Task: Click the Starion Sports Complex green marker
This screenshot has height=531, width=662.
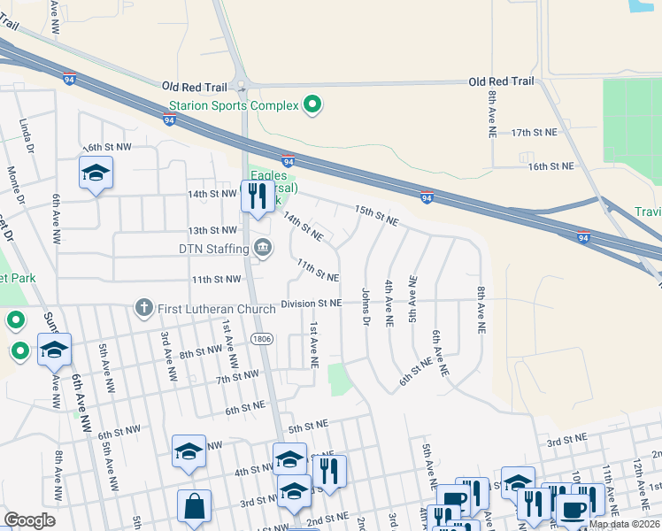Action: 312,106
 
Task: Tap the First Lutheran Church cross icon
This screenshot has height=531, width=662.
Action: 143,307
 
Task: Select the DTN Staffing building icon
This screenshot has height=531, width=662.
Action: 262,249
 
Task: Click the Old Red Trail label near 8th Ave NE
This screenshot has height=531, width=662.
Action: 502,81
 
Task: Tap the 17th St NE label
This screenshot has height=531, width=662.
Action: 535,132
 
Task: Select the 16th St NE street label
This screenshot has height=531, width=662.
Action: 550,166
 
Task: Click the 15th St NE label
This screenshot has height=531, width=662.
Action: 376,215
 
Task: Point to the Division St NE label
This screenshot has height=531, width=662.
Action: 311,304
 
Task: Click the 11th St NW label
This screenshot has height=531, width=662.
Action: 217,279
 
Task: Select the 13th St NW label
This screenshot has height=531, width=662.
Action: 212,229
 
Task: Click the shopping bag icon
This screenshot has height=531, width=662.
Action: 194,507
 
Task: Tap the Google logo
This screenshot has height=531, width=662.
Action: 29,520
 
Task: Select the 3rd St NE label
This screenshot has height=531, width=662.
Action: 567,440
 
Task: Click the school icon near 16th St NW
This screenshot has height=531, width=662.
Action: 96,173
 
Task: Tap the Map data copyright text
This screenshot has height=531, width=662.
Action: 624,524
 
